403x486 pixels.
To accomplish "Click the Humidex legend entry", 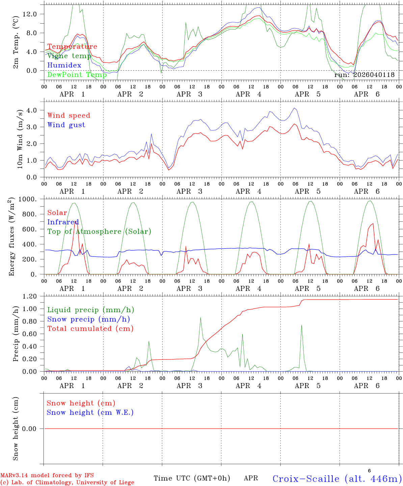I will (64, 65).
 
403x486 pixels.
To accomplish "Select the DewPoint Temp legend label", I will (77, 75).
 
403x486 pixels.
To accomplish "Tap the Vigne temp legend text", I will (69, 56).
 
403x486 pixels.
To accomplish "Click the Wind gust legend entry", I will (66, 125).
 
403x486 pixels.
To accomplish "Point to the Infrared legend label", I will (63, 222).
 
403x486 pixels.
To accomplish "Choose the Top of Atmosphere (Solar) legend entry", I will (99, 232).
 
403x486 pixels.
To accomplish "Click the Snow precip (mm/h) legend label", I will (88, 319).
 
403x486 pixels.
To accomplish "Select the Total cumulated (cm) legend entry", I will (90, 329).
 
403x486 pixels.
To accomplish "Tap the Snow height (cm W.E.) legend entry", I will (90, 412).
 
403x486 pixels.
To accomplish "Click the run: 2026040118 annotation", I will (364, 75).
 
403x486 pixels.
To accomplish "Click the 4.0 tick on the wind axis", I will (32, 110).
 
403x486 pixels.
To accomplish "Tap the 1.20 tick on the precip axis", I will (30, 296).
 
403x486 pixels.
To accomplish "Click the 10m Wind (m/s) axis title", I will (20, 139).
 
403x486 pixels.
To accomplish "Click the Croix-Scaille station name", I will (337, 479).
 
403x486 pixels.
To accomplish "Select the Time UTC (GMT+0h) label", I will (192, 478).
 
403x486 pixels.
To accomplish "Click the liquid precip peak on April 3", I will (200, 318).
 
